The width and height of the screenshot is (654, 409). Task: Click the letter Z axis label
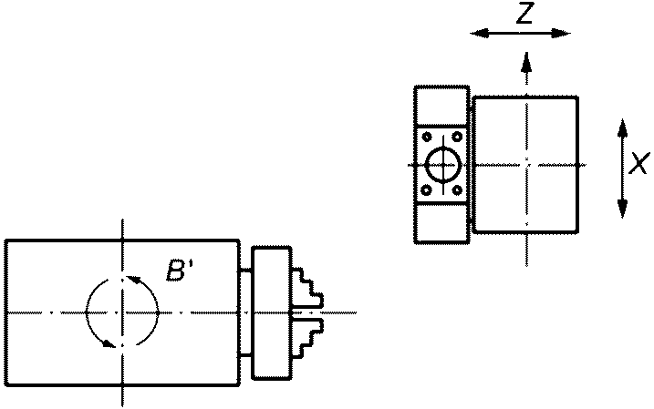coord(525,13)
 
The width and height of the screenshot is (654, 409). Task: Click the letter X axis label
coord(639,163)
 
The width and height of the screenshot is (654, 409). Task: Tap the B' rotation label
coord(178,270)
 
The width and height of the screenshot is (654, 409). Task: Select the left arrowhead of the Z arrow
coord(479,34)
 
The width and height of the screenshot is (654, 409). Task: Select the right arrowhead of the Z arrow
coord(561,34)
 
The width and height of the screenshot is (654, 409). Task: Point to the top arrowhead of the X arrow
coord(622,128)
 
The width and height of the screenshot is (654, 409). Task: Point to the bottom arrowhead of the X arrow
coord(622,209)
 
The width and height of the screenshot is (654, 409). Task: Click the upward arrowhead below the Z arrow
coord(527,62)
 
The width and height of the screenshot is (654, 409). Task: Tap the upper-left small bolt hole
coord(427,137)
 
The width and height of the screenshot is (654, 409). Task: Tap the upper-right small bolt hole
coord(458,137)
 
